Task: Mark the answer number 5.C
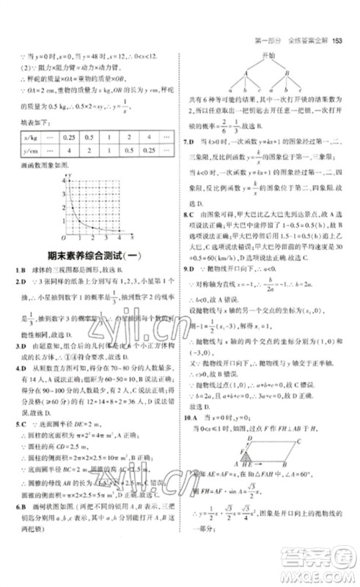tap(24, 424)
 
